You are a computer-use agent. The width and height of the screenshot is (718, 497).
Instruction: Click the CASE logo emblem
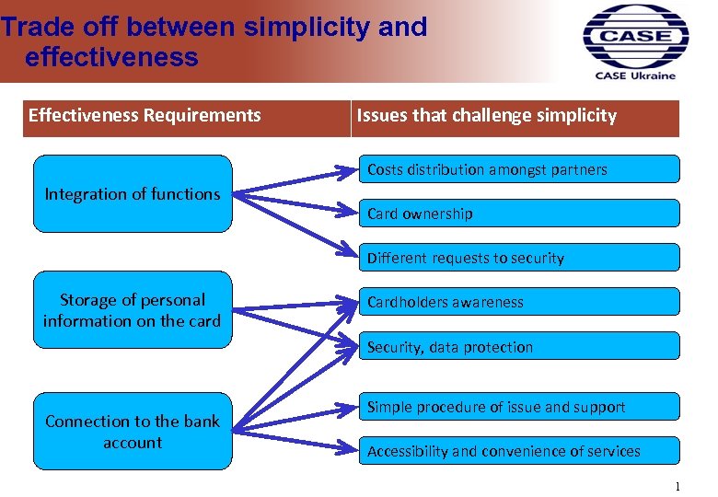635,36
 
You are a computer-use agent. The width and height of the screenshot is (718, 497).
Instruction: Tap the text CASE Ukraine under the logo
635,75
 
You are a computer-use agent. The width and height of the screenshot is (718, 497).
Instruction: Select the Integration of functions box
133,193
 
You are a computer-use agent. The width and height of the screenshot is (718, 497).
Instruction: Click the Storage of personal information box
133,310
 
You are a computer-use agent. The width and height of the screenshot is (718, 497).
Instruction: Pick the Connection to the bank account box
133,432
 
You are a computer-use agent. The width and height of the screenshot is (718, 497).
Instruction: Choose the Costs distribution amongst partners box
519,169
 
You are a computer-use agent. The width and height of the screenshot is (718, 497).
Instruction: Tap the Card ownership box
519,214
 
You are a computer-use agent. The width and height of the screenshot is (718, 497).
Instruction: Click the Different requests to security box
519,258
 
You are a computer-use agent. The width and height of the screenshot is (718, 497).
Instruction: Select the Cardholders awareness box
519,302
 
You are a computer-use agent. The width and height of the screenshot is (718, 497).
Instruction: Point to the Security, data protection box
519,347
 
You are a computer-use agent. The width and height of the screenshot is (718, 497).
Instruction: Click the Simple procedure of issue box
519,407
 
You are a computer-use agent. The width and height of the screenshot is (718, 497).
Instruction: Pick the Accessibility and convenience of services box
519,451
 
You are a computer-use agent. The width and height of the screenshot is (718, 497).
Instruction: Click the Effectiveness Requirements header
145,116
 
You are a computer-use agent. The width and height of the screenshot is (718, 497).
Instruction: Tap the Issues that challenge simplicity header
487,116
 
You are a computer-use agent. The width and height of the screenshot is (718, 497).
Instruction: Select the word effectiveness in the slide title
111,57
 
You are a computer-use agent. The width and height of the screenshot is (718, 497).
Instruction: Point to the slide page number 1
677,486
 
